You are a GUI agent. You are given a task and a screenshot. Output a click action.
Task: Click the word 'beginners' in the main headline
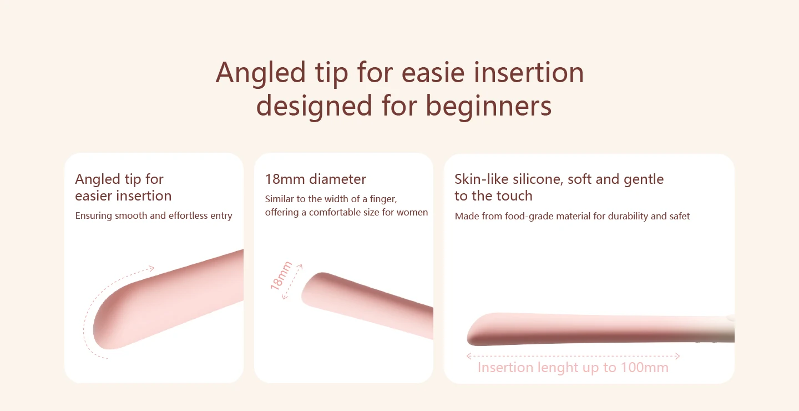(x=488, y=106)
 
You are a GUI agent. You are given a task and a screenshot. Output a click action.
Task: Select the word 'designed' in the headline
(x=314, y=106)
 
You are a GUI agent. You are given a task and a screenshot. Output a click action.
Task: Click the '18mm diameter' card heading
(x=315, y=179)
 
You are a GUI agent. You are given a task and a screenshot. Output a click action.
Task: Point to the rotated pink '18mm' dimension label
(x=281, y=275)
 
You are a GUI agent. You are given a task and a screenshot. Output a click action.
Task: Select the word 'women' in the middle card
(x=412, y=212)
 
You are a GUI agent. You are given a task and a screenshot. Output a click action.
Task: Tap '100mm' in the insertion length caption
(x=644, y=368)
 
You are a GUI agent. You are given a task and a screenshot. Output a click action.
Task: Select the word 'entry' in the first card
(x=221, y=215)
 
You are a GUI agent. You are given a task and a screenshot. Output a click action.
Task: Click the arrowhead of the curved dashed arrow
(x=153, y=268)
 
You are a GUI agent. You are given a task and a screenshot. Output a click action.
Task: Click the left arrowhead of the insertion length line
(x=469, y=356)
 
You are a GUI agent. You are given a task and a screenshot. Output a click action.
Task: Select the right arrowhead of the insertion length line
(x=677, y=356)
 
